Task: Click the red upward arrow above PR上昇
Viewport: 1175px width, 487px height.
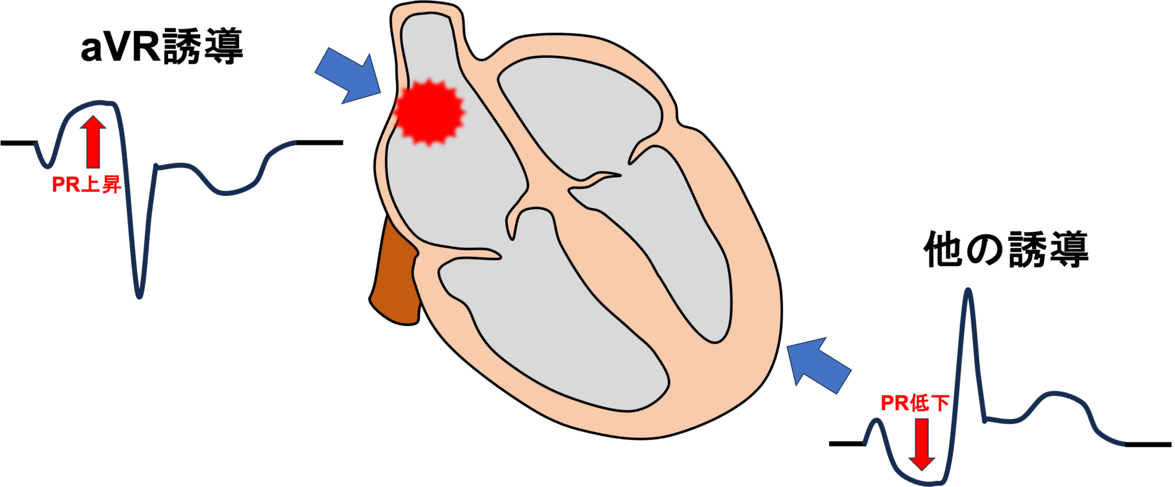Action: click(92, 141)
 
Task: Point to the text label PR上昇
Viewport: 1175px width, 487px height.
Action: click(86, 185)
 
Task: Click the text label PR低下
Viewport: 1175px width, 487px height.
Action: click(915, 403)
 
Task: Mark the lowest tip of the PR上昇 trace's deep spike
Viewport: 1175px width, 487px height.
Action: click(139, 297)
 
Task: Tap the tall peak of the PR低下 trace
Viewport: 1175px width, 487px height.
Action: click(968, 290)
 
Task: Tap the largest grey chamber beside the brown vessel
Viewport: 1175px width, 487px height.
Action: click(551, 333)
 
